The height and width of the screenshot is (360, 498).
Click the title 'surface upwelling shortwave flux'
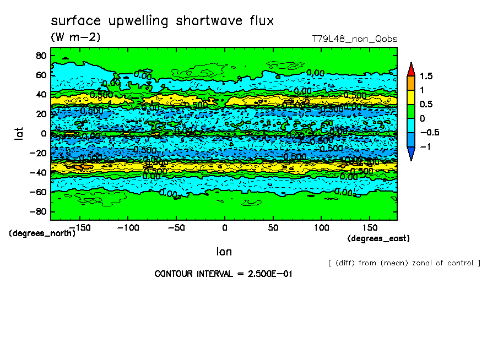click(162, 21)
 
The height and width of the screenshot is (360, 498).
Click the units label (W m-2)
click(75, 37)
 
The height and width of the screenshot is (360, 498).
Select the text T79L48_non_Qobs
click(354, 39)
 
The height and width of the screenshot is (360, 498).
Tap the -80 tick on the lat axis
click(38, 212)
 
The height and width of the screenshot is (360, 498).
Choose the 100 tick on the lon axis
click(322, 227)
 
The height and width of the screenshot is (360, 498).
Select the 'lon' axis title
click(224, 252)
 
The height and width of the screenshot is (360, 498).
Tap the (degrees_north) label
click(42, 233)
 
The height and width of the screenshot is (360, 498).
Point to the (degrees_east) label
click(378, 238)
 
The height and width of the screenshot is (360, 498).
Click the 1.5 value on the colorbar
click(426, 76)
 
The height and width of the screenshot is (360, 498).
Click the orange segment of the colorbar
click(410, 83)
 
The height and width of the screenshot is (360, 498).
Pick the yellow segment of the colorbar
click(410, 97)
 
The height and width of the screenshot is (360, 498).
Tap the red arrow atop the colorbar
click(410, 69)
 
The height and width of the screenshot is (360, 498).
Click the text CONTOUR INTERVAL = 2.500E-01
click(223, 274)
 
